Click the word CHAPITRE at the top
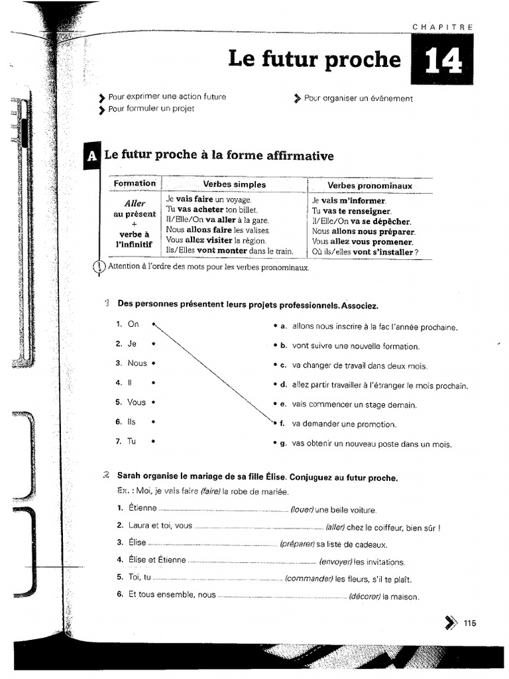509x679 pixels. tap(442, 27)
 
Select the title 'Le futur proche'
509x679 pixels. tap(314, 59)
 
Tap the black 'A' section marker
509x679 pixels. tap(91, 156)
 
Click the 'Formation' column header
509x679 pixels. tap(135, 184)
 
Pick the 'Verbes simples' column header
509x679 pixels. tap(234, 185)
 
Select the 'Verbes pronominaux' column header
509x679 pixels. tap(370, 186)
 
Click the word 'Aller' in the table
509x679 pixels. tap(135, 204)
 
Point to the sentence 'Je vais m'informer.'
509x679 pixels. tap(349, 200)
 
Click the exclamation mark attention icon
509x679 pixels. tap(99, 267)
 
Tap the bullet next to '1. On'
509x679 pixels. tap(153, 324)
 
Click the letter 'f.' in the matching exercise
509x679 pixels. tap(282, 424)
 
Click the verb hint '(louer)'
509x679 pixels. tap(302, 510)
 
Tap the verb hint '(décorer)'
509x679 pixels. tap(365, 596)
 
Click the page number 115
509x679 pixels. tap(470, 623)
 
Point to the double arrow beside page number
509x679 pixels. tap(451, 623)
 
